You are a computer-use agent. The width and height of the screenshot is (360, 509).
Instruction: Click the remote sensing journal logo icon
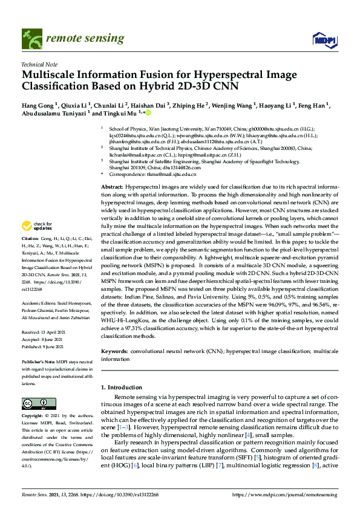[30, 39]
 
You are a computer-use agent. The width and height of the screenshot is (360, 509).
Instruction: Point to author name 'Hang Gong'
[39, 105]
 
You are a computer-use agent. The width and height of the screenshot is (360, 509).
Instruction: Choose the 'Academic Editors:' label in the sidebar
[40, 303]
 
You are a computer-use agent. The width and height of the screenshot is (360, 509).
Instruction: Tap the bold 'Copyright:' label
[33, 417]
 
